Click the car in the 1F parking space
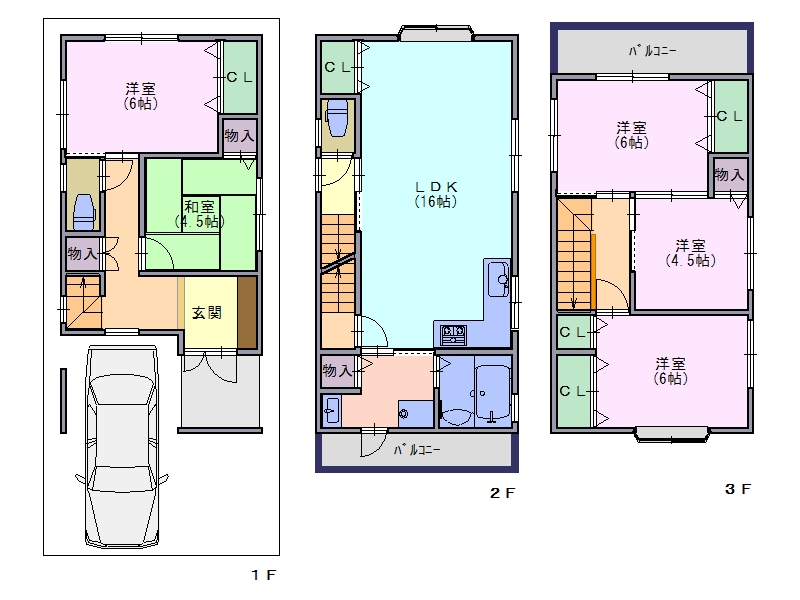[121, 446]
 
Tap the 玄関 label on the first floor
[207, 313]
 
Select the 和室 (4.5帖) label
[199, 214]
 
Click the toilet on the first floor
[84, 212]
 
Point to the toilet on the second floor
[337, 118]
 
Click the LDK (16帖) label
[436, 194]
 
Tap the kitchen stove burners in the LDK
[453, 335]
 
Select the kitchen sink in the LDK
[498, 279]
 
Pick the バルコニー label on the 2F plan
[417, 450]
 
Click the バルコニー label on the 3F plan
[652, 51]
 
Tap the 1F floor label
[264, 575]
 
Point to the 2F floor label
[503, 493]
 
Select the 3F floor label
[738, 489]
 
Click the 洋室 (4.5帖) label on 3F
[690, 253]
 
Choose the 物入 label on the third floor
[729, 175]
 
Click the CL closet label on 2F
[337, 67]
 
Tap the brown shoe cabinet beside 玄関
[247, 312]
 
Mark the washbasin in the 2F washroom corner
[332, 410]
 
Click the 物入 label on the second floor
[337, 370]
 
